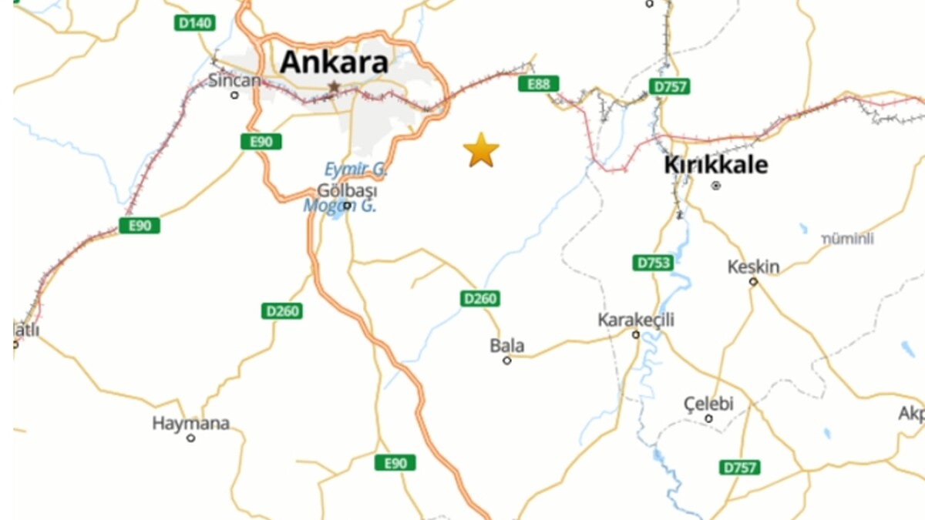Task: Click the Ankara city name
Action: tap(333, 62)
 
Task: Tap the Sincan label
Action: tap(230, 79)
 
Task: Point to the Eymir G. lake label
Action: tap(355, 169)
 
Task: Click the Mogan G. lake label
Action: tap(339, 206)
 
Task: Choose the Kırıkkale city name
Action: tap(715, 165)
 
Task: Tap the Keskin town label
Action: tap(753, 267)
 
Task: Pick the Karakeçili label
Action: tap(636, 319)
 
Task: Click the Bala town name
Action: tap(506, 346)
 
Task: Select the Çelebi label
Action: tap(708, 404)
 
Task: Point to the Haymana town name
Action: tap(190, 423)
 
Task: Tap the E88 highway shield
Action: tap(538, 84)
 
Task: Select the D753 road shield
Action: tap(653, 263)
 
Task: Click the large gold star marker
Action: tap(481, 150)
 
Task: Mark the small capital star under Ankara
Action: tap(334, 86)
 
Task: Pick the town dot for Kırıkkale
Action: tap(716, 186)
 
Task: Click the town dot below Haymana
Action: tap(190, 438)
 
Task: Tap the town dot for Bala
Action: tap(507, 361)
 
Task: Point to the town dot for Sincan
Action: tap(234, 96)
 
